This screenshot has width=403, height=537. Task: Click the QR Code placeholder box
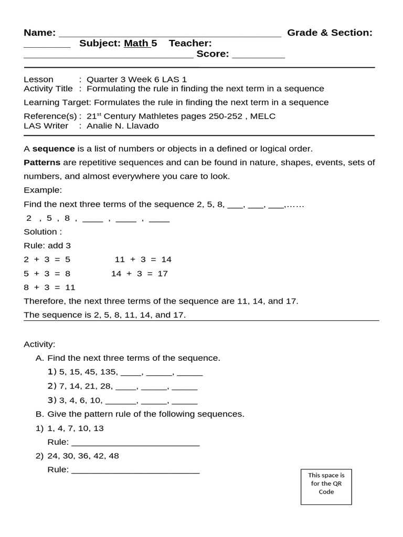point(326,487)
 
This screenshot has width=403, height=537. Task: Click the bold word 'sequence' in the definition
point(54,148)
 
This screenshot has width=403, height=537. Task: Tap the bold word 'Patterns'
point(42,163)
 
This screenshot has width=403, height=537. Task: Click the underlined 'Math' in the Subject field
point(136,44)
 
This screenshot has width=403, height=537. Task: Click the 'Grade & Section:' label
point(330,33)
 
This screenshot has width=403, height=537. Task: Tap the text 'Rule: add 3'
point(47,245)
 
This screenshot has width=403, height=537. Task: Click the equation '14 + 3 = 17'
point(140,273)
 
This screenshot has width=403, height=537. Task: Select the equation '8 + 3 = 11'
point(50,287)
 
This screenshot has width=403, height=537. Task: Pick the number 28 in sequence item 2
point(106,386)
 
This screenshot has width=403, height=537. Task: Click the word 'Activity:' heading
point(39,345)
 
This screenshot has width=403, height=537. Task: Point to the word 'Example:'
point(43,190)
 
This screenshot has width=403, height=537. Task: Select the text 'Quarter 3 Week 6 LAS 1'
point(136,80)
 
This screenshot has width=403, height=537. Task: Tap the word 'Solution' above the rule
point(40,232)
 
